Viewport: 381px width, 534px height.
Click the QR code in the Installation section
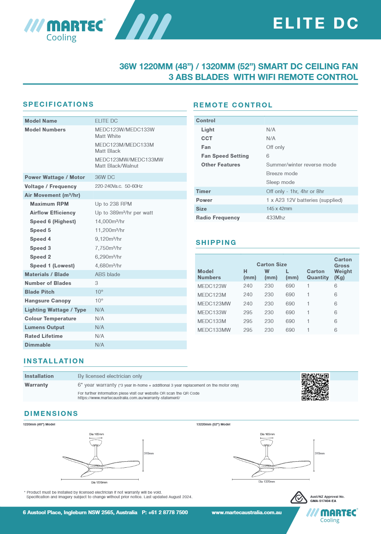315,387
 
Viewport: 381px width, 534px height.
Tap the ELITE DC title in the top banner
316,23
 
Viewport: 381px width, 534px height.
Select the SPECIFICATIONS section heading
58,104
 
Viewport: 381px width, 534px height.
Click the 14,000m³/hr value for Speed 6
110,221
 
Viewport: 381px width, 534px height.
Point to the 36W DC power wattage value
105,177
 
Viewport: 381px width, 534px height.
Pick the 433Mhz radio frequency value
275,217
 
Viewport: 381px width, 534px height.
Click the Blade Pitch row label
40,292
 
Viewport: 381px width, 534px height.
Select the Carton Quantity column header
317,274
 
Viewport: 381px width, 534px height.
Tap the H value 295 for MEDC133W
248,312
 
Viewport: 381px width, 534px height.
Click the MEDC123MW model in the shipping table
214,304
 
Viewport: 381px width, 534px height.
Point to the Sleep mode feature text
280,182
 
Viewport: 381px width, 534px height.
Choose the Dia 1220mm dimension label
99,482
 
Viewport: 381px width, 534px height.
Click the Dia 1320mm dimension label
267,481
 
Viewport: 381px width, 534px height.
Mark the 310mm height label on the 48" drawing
149,453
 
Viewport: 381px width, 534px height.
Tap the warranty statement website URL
129,398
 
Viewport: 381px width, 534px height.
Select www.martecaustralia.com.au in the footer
247,512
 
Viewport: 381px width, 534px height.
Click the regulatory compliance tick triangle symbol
299,497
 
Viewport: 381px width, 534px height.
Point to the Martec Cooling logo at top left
65,30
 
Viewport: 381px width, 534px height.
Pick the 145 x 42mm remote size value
279,209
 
